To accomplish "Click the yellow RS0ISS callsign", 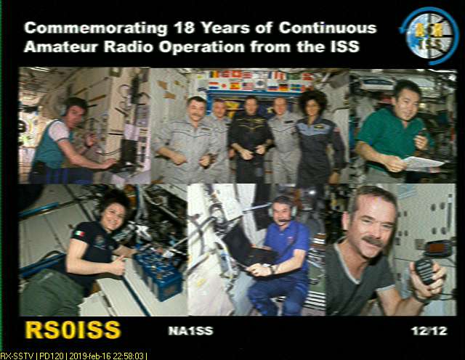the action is point(73,330).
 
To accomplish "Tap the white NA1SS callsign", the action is point(190,331).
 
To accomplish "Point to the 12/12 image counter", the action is point(429,331).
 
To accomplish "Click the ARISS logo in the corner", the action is point(429,36).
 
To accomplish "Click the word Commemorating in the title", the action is point(97,28).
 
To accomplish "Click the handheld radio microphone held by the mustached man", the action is point(425,271).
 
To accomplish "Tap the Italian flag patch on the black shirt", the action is point(79,234).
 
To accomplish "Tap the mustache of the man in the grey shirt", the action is point(373,242).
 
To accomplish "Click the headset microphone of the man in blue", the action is point(283,221).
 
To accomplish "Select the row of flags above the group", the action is point(259,81).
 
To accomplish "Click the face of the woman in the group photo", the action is point(312,109).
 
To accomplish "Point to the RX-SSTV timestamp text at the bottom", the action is point(73,356).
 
